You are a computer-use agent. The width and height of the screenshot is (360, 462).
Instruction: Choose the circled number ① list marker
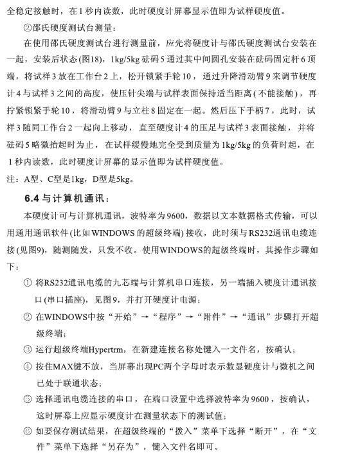[x=27, y=283]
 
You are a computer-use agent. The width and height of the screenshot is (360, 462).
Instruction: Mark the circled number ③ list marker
[x=27, y=350]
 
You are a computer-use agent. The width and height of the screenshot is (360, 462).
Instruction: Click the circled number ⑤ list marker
[x=27, y=399]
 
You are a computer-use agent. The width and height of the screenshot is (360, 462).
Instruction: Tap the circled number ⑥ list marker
[x=27, y=432]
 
